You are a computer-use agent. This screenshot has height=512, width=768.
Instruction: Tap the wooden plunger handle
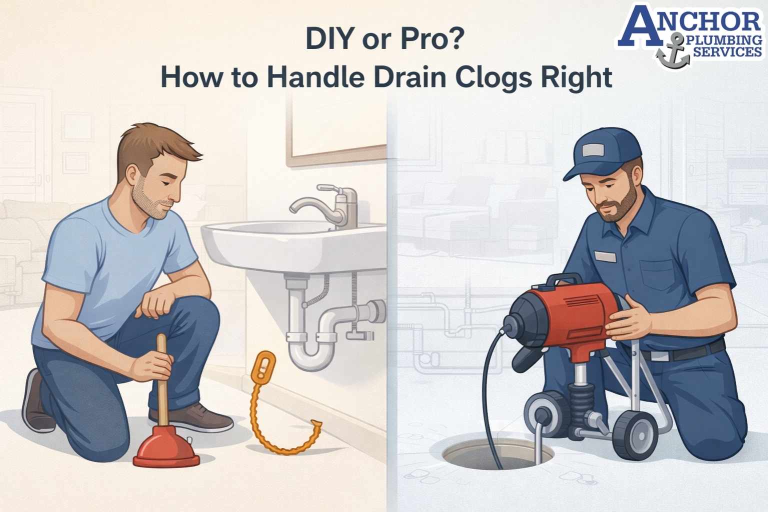pos(161,380)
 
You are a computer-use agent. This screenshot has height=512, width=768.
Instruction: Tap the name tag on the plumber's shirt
pos(605,256)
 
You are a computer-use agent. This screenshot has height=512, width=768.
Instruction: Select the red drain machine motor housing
pos(575,310)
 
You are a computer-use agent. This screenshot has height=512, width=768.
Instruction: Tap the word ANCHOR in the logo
pos(690,21)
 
